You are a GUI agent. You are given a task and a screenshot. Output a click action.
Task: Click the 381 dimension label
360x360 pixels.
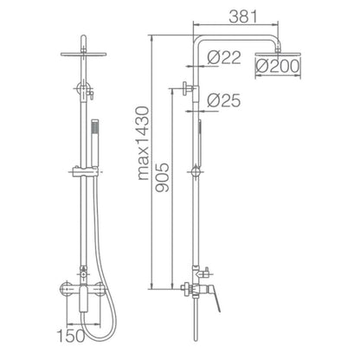pos(242,16)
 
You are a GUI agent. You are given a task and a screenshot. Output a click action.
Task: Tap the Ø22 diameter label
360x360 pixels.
pos(224,57)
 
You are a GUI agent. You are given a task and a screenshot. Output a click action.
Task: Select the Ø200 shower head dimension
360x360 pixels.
pos(278,66)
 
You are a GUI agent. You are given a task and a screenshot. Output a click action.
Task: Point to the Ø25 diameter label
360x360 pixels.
pos(224,100)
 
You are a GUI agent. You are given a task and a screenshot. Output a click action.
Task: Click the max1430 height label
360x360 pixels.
pos(144,144)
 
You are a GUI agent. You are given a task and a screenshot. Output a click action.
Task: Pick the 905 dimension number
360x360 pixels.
pos(162,177)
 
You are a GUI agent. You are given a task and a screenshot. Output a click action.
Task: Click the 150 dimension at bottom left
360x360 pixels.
pos(71,336)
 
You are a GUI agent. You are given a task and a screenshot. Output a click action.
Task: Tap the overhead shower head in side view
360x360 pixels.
pos(278,55)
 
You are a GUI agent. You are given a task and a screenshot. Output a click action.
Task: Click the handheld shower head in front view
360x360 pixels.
pos(94,143)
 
